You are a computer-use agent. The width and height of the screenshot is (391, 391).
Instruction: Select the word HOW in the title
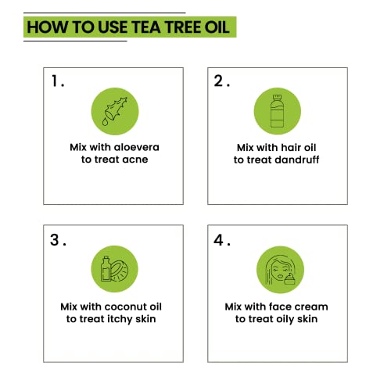pyautogui.click(x=45, y=27)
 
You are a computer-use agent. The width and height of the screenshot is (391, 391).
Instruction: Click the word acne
pyautogui.click(x=133, y=160)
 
